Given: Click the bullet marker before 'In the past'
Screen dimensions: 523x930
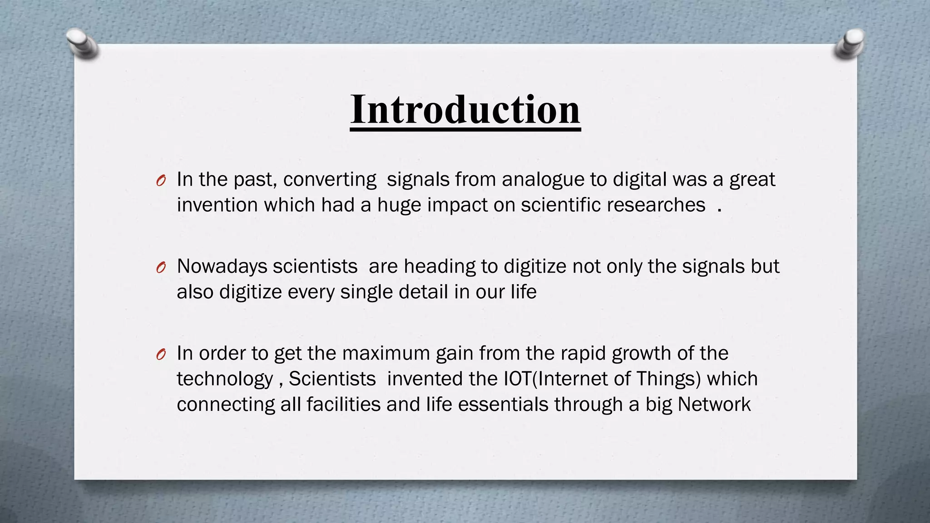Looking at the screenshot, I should [x=160, y=181].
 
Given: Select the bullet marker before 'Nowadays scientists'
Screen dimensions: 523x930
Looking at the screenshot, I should [x=160, y=267].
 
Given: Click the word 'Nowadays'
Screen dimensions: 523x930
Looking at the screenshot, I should [x=222, y=266].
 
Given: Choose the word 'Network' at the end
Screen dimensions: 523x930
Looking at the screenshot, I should [x=714, y=404].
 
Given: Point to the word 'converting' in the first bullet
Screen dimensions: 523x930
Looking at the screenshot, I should [x=330, y=180].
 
